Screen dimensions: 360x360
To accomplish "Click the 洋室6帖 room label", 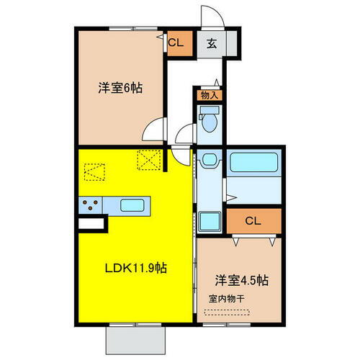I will [120, 89].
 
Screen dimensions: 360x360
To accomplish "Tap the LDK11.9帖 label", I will [136, 268].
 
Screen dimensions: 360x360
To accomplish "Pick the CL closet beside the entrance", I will [176, 42].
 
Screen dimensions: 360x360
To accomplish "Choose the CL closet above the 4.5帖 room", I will [252, 221].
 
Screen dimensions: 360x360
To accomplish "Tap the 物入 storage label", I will [210, 94].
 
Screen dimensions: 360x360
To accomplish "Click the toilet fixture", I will [210, 120].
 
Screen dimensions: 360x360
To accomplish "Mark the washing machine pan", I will [210, 220].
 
